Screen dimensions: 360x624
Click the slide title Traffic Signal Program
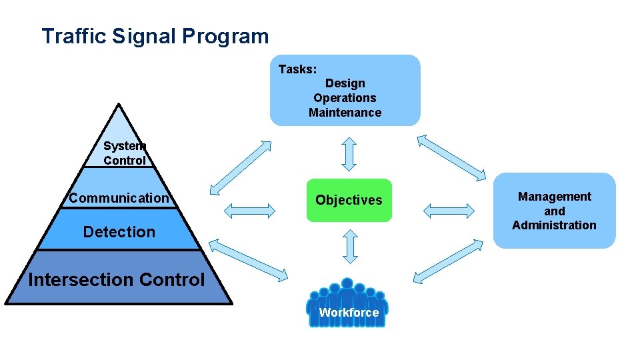pos(155,36)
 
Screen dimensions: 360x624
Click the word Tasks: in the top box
pos(297,69)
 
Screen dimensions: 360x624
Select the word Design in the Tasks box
pos(345,83)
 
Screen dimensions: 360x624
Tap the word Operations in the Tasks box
pos(345,98)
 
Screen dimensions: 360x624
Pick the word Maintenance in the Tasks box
pos(345,113)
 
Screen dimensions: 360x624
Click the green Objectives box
pos(349,200)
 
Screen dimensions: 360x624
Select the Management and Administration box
pos(554,211)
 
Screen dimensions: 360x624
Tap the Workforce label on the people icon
pos(348,313)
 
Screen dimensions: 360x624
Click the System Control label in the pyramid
pos(124,153)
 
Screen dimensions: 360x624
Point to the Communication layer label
pos(119,198)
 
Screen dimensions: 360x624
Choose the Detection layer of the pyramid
pos(119,232)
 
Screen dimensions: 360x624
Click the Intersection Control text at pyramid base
pos(117,280)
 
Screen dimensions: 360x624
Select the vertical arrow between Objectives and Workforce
pos(349,247)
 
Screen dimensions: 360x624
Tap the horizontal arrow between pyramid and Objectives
pos(249,211)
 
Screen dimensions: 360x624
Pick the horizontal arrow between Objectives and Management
pos(448,211)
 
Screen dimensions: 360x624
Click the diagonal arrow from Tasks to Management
pos(452,157)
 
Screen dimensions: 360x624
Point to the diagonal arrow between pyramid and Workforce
pos(248,259)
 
